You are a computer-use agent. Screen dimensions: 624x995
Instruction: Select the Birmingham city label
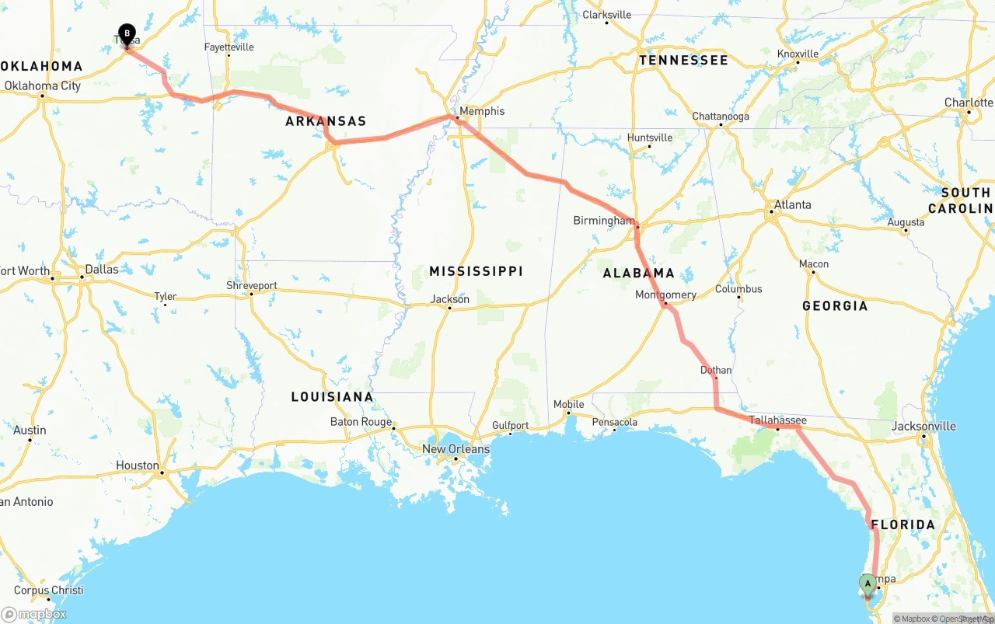click(603, 221)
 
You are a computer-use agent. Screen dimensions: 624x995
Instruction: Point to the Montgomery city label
click(665, 295)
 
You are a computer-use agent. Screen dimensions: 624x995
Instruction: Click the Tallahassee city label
click(777, 420)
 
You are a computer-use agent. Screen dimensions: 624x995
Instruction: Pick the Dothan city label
click(716, 370)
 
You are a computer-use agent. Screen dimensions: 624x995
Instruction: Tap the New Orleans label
click(456, 449)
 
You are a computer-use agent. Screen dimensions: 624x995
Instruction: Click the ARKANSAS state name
click(325, 121)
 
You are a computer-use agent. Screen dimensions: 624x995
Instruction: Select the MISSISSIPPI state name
click(476, 271)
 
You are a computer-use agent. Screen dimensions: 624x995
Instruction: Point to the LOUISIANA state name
click(332, 397)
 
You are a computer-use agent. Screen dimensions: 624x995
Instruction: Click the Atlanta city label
click(792, 205)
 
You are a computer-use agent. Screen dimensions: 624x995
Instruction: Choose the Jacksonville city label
click(923, 426)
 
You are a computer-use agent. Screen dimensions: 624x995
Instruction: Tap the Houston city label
click(137, 465)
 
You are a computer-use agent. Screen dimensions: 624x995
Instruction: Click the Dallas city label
click(102, 270)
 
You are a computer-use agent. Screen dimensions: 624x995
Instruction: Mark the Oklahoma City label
click(43, 86)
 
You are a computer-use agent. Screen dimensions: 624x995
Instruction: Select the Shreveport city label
click(251, 286)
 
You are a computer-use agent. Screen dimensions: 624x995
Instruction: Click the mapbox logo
click(34, 614)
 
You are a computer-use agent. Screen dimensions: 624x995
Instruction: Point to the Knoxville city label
click(798, 54)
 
